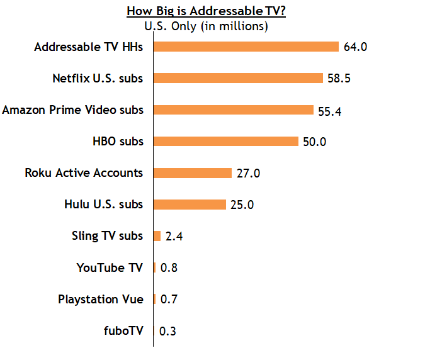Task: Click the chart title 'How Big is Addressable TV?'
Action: point(206,11)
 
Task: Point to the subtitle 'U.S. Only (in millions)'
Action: point(206,26)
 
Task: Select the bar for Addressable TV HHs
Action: point(246,47)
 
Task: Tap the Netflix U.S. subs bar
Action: point(238,78)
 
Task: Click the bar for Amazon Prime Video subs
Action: point(234,110)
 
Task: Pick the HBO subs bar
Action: point(226,141)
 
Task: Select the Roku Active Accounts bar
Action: point(193,173)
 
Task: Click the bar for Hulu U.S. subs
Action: point(190,205)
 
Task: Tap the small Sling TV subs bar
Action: point(157,236)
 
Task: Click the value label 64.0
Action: point(354,47)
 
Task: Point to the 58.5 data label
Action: point(338,79)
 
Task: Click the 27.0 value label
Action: point(248,173)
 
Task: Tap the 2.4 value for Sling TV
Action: point(174,237)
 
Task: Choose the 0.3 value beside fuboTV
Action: point(167,331)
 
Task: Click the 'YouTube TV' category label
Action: point(110,267)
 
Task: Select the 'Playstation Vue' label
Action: point(101,299)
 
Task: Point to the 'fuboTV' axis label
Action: point(123,330)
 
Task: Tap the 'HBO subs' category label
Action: point(118,141)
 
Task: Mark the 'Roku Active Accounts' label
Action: point(84,172)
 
